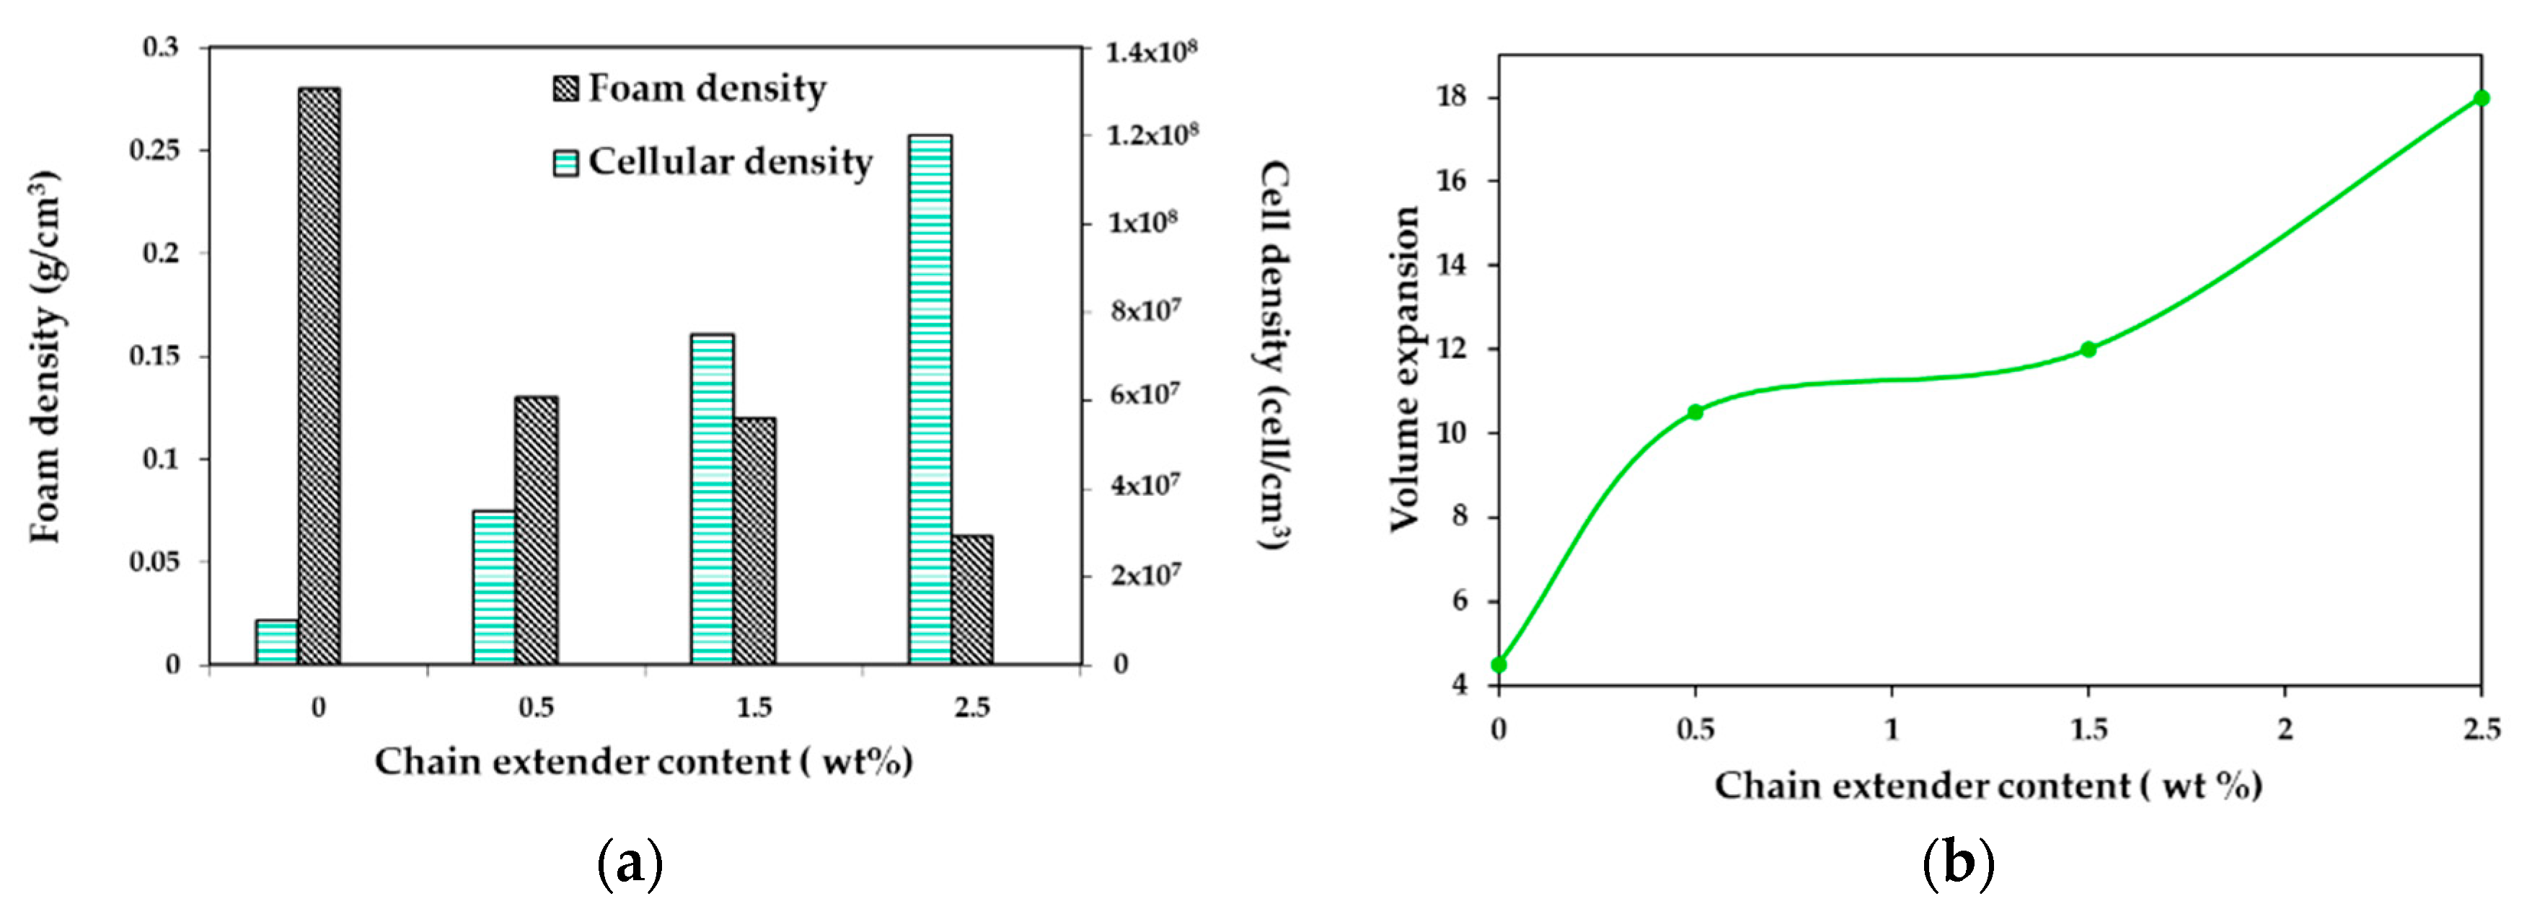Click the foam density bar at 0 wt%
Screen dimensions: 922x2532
(319, 376)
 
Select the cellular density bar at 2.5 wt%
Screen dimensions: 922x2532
(930, 399)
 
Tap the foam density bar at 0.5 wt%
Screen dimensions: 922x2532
(537, 531)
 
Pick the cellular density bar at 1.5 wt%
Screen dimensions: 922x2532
(712, 500)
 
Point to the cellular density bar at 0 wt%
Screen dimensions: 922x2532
(276, 642)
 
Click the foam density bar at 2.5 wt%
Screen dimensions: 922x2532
(972, 600)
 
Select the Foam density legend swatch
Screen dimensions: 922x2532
(565, 90)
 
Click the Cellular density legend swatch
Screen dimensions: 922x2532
(565, 163)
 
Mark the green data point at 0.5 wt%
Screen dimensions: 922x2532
(1695, 412)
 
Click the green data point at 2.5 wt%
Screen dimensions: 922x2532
(2481, 97)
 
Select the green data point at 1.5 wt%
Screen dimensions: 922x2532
(2088, 349)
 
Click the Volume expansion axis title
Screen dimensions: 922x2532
(1403, 368)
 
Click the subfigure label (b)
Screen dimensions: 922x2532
(1958, 864)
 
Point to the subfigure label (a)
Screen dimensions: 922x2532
(630, 864)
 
